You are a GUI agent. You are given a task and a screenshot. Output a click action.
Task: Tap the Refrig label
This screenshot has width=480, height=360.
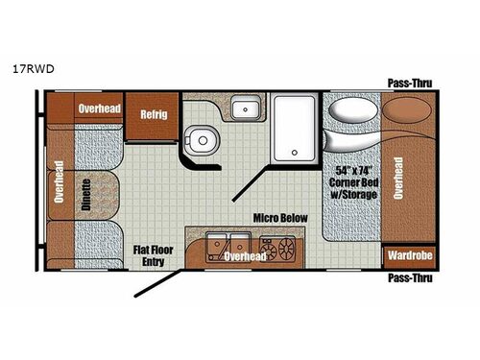pos(154,113)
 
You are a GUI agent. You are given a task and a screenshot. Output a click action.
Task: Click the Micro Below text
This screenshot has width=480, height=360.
pos(279,218)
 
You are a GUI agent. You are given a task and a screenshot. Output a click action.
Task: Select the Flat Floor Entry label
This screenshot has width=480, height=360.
pos(152,254)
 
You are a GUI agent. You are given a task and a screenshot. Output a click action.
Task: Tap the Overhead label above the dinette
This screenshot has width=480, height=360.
pos(99,108)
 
